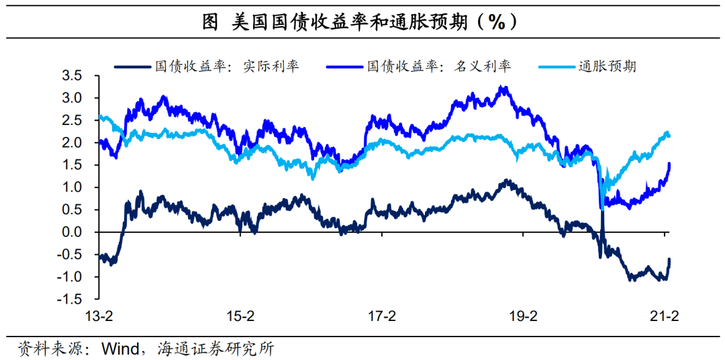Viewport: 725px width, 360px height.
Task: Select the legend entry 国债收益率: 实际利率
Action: pyautogui.click(x=227, y=66)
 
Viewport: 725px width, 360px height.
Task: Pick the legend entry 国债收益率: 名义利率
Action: pyautogui.click(x=438, y=66)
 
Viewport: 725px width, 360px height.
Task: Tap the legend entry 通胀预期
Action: pyautogui.click(x=607, y=66)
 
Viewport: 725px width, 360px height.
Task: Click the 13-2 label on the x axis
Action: pyautogui.click(x=98, y=316)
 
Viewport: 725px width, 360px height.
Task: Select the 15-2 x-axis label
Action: pyautogui.click(x=240, y=316)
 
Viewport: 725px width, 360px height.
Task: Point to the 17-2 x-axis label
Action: pyautogui.click(x=382, y=316)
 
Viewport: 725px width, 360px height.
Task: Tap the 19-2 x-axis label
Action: pyautogui.click(x=524, y=316)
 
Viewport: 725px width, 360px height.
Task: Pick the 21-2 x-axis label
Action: pyautogui.click(x=665, y=316)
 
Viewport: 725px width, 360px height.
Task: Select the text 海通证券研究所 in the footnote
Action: pyautogui.click(x=215, y=349)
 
